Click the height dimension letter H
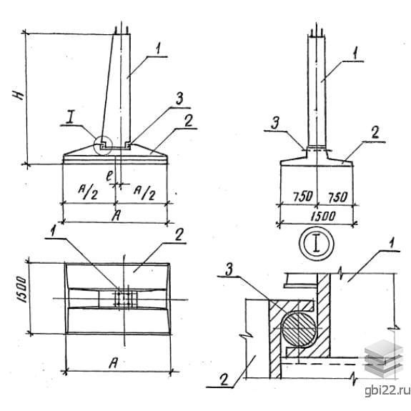pos(19,95)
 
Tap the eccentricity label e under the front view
pos(109,176)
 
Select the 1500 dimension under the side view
pos(323,217)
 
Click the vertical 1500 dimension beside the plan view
pos(22,289)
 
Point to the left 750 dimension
pos(303,197)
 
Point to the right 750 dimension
pos(338,197)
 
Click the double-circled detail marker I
pos(317,244)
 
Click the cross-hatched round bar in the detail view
pos(299,329)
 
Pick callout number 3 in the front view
pos(179,99)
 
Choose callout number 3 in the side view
pos(275,123)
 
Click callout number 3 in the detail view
pos(229,270)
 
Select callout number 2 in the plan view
pos(179,234)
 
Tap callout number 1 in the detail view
pos(391,244)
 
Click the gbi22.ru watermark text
pos(387,390)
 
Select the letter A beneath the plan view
pos(113,364)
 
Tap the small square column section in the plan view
pos(124,299)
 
